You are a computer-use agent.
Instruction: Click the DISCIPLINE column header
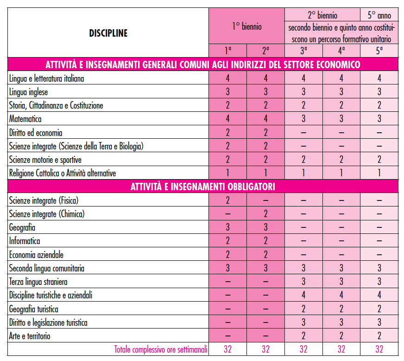coord(108,33)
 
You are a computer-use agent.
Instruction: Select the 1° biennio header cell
coord(246,26)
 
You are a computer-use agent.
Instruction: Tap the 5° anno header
coord(379,15)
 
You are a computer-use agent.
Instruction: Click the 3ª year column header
coord(303,51)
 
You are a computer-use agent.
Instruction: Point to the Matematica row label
coord(25,119)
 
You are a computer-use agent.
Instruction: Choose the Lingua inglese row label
coord(28,92)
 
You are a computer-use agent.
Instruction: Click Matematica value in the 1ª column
coord(227,119)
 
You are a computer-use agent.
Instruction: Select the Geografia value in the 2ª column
coord(265,228)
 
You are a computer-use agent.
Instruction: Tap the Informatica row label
coord(25,241)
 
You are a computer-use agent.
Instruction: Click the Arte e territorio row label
coord(30,336)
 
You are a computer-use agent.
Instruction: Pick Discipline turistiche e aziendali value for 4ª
coord(341,295)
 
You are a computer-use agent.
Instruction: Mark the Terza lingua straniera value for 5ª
coord(379,282)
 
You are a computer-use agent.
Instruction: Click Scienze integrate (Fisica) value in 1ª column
coord(227,200)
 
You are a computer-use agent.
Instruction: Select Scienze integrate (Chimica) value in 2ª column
coord(265,214)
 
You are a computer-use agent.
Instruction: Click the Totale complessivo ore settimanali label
coord(161,349)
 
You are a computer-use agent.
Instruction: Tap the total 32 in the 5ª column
coord(379,349)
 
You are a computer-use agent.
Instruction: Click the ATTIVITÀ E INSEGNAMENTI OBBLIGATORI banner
coord(202,187)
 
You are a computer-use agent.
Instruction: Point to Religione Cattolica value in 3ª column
coord(303,173)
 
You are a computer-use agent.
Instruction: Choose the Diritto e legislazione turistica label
coord(48,322)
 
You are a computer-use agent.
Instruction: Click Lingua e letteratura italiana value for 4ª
coord(341,78)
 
